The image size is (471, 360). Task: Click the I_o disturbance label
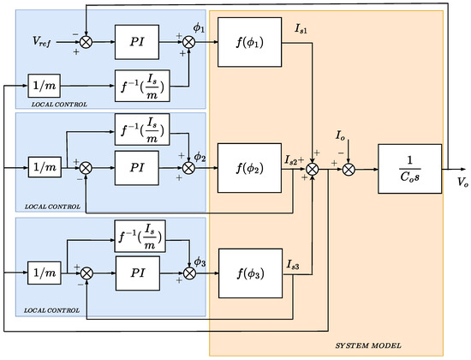tap(341, 135)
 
